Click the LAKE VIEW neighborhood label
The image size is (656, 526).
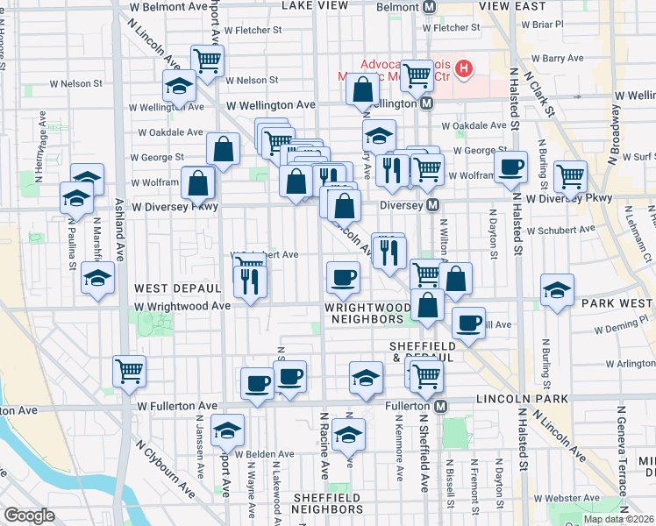[315, 5]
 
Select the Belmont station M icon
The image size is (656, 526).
[430, 7]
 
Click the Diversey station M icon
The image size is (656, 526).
[432, 205]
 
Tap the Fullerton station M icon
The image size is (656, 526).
[441, 407]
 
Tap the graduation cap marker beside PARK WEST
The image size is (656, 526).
[557, 290]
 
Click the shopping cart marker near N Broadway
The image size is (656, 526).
[570, 176]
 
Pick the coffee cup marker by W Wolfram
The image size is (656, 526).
[510, 167]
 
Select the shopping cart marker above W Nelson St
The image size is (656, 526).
[208, 61]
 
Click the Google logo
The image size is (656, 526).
[28, 515]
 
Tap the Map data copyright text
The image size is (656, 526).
[618, 519]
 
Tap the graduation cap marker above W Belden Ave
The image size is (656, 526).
[228, 430]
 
